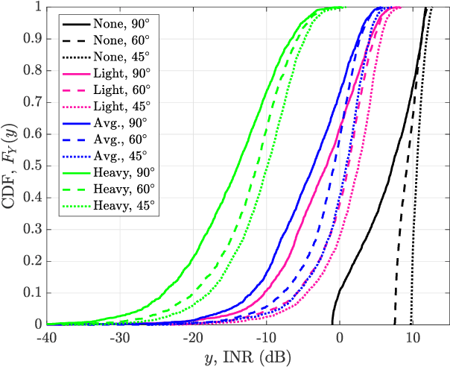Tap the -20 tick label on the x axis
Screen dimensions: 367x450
coord(192,336)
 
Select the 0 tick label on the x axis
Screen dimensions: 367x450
coord(340,336)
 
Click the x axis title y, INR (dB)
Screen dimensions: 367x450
coord(248,356)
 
